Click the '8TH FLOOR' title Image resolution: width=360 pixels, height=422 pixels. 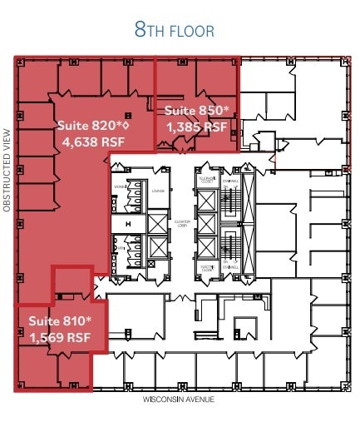(x=175, y=31)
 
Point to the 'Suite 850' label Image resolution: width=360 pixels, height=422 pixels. (x=196, y=112)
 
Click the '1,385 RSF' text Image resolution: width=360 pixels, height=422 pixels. (x=197, y=127)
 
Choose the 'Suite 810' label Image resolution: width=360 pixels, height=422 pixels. (x=60, y=320)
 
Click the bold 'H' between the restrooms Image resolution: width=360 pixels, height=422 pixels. (x=126, y=223)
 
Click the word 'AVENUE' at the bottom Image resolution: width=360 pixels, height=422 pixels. (x=199, y=400)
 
